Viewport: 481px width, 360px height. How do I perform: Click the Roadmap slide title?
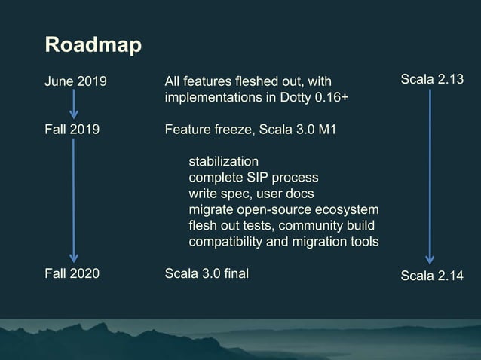tap(93, 46)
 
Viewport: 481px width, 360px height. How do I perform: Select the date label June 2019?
tap(76, 81)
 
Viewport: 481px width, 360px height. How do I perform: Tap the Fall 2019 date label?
tap(72, 130)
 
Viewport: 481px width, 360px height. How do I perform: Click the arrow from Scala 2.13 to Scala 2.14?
tap(430, 177)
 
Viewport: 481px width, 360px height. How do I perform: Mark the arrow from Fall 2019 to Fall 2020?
tap(74, 200)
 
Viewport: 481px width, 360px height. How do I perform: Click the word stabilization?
tap(223, 162)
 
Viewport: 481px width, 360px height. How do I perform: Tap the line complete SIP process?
tap(253, 178)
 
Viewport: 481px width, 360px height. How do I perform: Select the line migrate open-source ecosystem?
tap(283, 209)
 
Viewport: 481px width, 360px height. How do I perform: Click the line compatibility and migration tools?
tap(283, 241)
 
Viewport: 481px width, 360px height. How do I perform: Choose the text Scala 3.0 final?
tap(207, 273)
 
